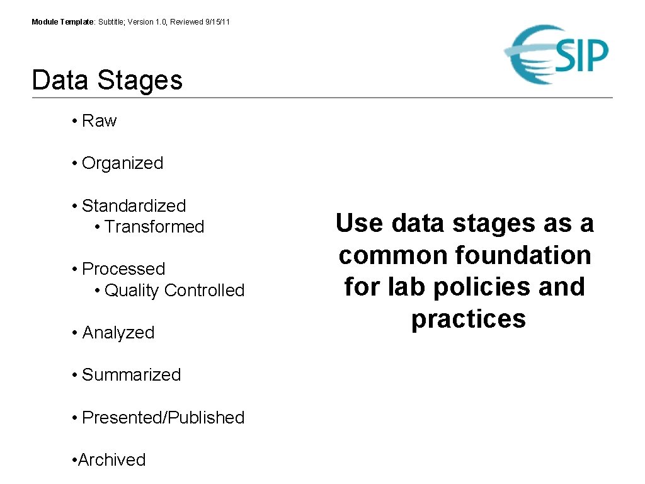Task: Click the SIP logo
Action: tap(557, 55)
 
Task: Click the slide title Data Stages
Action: tap(107, 81)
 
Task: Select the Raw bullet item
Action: tap(99, 121)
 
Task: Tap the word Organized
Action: tap(122, 163)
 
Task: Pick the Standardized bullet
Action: tap(134, 206)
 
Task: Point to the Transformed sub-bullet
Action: tap(154, 227)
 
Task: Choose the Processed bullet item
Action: tap(123, 269)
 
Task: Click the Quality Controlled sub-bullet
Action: tap(174, 291)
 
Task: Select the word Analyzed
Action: tap(118, 333)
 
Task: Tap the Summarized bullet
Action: tap(131, 375)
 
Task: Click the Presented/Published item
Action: tap(163, 418)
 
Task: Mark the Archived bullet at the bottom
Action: tap(111, 460)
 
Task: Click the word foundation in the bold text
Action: tap(523, 255)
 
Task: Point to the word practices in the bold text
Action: tap(468, 319)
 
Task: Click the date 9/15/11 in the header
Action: tap(217, 22)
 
